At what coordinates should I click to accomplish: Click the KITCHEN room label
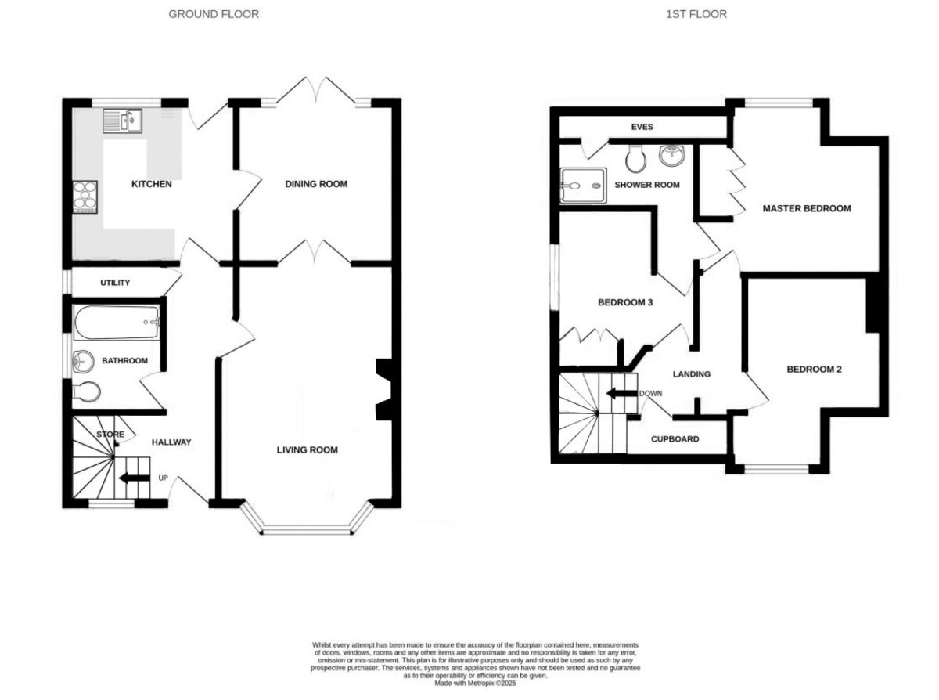(x=152, y=184)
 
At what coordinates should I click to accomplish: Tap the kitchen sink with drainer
(x=122, y=121)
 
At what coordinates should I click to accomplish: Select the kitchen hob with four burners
(x=85, y=197)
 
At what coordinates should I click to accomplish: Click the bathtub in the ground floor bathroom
(x=117, y=322)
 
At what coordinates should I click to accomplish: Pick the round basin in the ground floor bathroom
(x=83, y=362)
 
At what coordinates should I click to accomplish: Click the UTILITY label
(x=115, y=283)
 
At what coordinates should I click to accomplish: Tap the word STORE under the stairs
(x=110, y=435)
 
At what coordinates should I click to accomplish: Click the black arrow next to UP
(x=135, y=478)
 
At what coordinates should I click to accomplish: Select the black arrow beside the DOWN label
(x=621, y=394)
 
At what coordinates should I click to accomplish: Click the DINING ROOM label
(x=316, y=184)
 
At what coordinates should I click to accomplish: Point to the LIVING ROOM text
(x=308, y=450)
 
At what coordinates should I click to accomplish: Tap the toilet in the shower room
(x=635, y=158)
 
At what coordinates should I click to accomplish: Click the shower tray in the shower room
(x=583, y=185)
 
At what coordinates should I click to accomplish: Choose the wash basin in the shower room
(x=671, y=156)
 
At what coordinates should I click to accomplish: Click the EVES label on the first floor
(x=642, y=127)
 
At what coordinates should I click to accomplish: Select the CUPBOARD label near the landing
(x=675, y=439)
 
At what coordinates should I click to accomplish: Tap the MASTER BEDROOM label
(x=807, y=208)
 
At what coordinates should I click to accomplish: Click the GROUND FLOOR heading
(x=214, y=14)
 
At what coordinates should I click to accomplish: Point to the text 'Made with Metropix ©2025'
(x=476, y=684)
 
